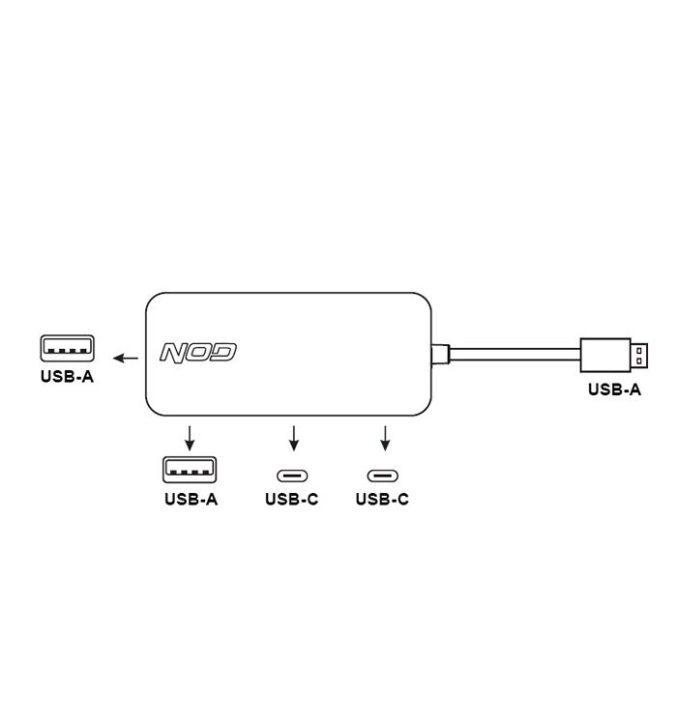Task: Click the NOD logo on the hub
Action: coord(197,353)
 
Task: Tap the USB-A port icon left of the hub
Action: coord(68,348)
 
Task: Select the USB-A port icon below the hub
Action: coord(190,470)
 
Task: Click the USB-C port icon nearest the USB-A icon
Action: coord(292,476)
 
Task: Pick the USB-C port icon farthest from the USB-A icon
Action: coord(383,476)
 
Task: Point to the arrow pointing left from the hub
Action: coord(126,358)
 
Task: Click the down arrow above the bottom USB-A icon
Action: coord(190,438)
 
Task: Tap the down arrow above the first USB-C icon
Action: coord(294,438)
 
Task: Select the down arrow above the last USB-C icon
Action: coord(385,438)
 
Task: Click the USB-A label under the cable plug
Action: coord(614,390)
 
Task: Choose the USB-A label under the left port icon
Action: coord(68,377)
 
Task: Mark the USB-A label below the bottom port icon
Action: coord(191,499)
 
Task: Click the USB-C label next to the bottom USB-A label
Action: coord(292,499)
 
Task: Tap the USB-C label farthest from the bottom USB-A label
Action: coord(382,499)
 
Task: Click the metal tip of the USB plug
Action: coord(638,356)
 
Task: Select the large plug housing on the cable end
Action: coord(605,355)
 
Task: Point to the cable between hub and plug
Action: coord(515,355)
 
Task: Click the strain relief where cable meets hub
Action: coord(440,355)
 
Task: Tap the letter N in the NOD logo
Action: coord(173,353)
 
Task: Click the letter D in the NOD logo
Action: coord(224,352)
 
